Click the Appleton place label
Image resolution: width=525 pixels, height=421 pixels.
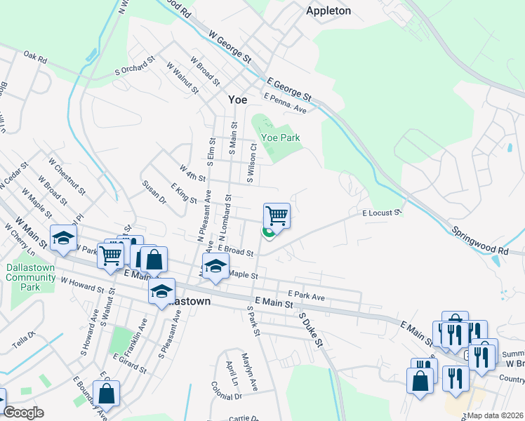coord(328,11)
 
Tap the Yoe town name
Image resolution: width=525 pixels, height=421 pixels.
coord(238,100)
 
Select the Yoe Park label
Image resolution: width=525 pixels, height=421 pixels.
coord(280,138)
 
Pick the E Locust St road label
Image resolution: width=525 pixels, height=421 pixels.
coord(381,213)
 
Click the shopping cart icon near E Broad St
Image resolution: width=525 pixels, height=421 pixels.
coord(277,216)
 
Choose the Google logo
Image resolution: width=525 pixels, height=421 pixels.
coord(23,413)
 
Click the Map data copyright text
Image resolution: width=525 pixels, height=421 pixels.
coord(496,415)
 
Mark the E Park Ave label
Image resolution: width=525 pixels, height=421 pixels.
coord(305,296)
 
